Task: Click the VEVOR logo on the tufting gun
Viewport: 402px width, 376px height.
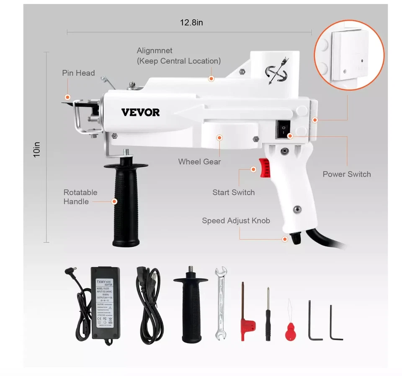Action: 140,113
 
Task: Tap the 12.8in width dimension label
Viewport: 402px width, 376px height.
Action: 191,23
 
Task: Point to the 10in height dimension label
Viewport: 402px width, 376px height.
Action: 37,149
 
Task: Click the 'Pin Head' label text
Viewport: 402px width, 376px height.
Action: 78,73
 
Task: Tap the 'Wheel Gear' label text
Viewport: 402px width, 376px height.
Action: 199,161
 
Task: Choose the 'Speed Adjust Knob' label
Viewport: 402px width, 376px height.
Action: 236,220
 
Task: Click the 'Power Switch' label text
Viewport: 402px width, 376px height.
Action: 346,174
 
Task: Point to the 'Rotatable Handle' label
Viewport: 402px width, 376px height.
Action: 80,197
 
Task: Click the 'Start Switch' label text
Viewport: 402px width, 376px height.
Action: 233,192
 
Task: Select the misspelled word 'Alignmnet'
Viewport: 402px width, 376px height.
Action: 155,51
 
